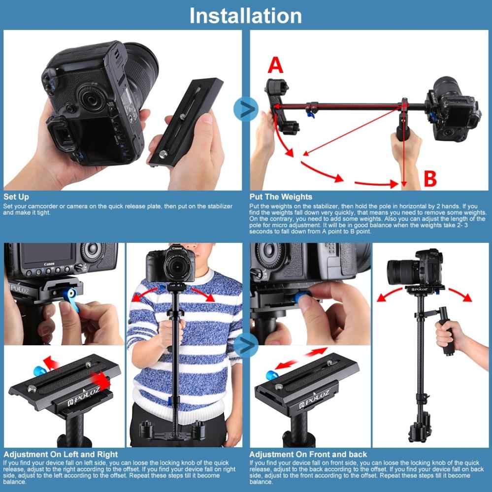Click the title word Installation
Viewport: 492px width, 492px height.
[245, 15]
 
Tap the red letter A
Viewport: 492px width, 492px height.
[275, 65]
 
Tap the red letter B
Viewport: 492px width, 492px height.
[430, 179]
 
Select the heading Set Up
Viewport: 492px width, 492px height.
[16, 197]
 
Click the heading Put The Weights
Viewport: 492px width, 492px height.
[281, 197]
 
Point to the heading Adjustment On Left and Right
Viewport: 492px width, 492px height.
[61, 454]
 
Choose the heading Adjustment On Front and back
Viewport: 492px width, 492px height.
[308, 454]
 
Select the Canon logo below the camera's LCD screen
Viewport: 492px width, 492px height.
[49, 264]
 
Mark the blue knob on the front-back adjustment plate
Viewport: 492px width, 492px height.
[271, 375]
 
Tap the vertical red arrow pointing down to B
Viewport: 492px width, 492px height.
[403, 148]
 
